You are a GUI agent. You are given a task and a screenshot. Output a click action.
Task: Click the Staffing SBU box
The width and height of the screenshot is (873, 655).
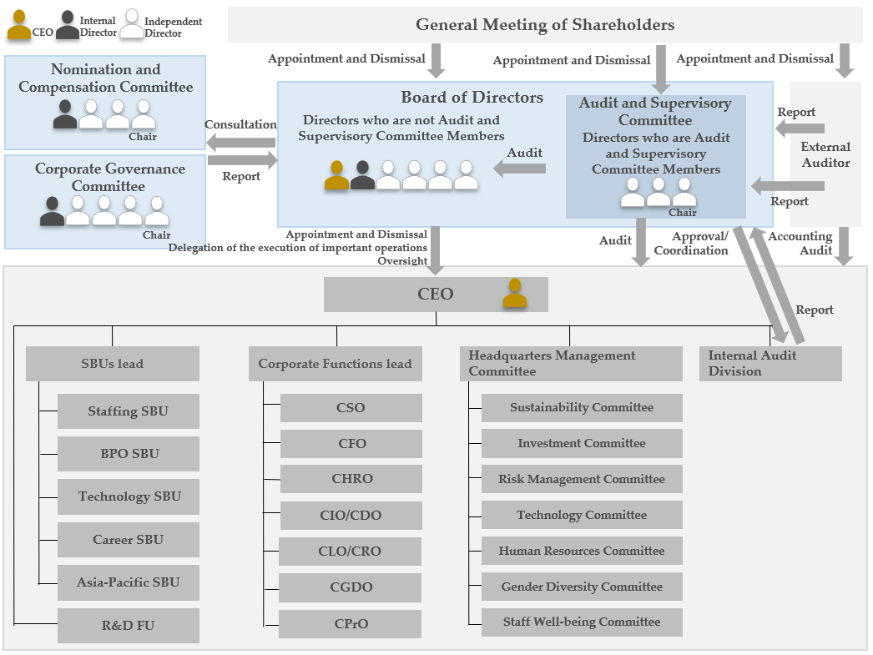[x=128, y=411]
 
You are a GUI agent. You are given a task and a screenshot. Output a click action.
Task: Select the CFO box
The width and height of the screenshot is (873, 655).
[x=351, y=444]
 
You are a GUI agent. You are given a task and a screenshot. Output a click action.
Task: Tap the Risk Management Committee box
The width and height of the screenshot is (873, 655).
[x=582, y=479]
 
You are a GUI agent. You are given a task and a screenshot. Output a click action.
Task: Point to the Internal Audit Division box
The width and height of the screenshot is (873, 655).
[x=770, y=364]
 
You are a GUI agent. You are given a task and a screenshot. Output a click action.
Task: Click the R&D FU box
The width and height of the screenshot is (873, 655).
[x=128, y=625]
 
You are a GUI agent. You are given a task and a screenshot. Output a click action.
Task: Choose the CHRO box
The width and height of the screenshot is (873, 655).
[x=351, y=479]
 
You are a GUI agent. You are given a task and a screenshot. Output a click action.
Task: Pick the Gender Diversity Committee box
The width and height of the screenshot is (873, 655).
[x=582, y=587]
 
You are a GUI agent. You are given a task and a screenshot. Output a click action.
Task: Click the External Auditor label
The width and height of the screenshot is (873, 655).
[x=825, y=154]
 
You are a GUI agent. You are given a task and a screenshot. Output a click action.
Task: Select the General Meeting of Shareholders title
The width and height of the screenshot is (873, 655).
[x=545, y=25]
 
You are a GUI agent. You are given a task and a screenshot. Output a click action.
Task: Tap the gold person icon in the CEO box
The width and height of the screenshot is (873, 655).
[x=516, y=294]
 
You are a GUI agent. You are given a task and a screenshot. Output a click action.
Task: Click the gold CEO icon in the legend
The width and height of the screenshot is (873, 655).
[x=19, y=26]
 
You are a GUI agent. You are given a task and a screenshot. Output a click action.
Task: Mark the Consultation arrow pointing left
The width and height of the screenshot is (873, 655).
[x=241, y=142]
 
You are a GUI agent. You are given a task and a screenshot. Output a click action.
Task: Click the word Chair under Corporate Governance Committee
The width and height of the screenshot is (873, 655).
[x=156, y=234]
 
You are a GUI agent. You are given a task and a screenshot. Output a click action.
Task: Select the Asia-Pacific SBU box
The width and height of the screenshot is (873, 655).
[x=128, y=582]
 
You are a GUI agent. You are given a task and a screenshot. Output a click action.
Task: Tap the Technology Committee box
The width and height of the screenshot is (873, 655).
[x=582, y=515]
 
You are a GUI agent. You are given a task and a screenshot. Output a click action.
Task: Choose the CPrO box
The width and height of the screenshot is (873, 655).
[x=351, y=623]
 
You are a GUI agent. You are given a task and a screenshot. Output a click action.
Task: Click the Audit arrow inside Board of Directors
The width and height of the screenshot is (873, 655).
[x=519, y=169]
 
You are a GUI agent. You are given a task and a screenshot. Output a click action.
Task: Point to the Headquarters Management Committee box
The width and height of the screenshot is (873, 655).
[x=571, y=364]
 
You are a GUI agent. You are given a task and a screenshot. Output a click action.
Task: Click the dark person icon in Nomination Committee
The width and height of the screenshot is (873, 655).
[x=65, y=115]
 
